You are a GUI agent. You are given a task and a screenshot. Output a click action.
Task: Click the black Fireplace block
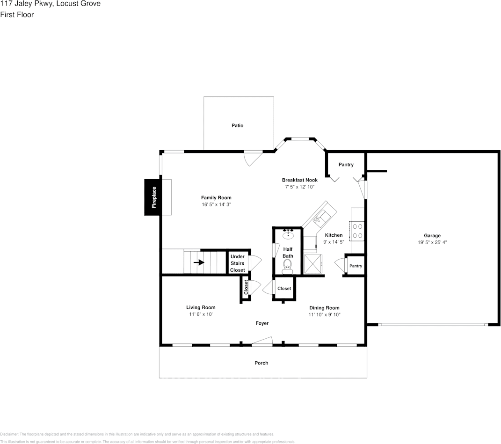(153, 197)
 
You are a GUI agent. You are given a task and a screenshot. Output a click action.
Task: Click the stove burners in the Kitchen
(358, 231)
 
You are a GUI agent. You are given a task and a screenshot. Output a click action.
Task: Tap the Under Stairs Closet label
(237, 263)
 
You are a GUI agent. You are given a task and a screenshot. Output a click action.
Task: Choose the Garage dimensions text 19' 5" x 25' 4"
(432, 242)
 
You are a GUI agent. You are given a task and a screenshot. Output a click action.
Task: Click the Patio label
(238, 125)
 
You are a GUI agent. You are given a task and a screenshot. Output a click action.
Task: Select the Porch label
(261, 363)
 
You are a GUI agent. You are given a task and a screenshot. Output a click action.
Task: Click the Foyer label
(262, 323)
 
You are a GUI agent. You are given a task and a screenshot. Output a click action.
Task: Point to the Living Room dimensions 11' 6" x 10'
(200, 314)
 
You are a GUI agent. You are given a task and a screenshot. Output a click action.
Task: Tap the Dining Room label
(324, 308)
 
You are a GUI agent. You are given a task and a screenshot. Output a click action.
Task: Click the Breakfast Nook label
(299, 180)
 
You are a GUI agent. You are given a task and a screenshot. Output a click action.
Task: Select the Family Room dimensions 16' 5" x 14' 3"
(216, 204)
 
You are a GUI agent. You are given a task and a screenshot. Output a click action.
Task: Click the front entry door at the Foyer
(262, 342)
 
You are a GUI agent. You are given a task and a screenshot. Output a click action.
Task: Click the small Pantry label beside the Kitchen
(356, 266)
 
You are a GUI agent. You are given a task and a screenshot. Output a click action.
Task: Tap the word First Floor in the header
(17, 15)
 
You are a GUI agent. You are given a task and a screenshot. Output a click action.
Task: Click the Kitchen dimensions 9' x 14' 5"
(334, 242)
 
